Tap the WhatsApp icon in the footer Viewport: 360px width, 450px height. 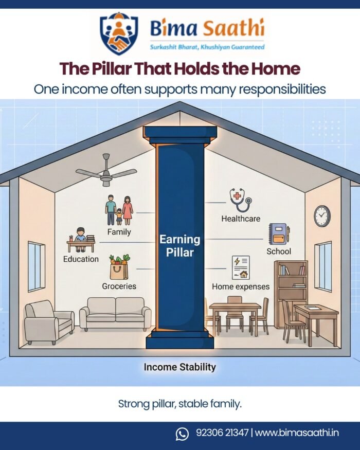coord(182,434)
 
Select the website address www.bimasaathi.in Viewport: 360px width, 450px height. coord(297,434)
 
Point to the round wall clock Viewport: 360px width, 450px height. coord(322,216)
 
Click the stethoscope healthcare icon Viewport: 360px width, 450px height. coord(240,200)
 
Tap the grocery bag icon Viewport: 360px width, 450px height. coord(119,267)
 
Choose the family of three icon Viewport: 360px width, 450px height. coord(119,210)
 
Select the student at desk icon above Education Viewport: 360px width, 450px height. coord(81,240)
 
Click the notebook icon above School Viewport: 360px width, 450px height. coord(279,234)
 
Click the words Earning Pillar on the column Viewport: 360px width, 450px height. coord(179,246)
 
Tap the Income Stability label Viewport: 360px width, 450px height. coord(179,367)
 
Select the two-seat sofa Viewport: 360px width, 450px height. coord(115,313)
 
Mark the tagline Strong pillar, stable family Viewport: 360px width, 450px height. coord(179,404)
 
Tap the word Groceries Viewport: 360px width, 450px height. coord(119,286)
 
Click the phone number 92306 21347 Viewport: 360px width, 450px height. coord(222,434)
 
